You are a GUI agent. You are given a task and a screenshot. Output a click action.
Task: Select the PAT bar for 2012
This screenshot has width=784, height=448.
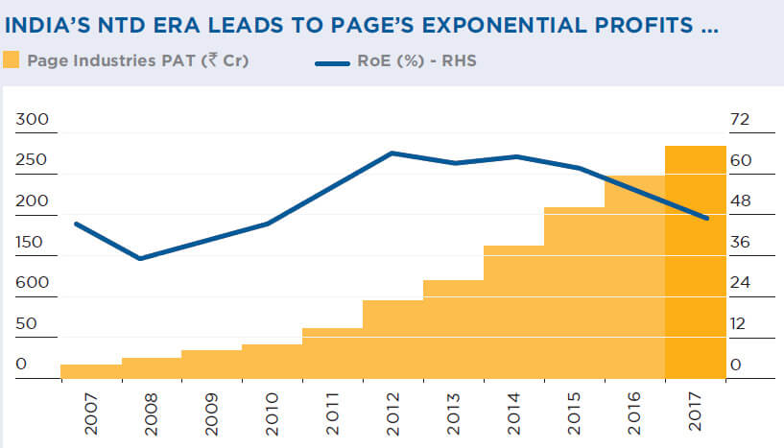coord(392,340)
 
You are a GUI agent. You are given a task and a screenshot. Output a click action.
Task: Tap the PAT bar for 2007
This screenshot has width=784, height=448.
coord(91,371)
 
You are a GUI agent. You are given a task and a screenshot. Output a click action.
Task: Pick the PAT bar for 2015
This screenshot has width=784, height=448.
coord(574,293)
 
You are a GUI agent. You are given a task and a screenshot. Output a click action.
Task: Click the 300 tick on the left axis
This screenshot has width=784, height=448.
coord(32,120)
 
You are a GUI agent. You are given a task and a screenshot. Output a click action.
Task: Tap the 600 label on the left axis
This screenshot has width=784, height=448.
coord(32,283)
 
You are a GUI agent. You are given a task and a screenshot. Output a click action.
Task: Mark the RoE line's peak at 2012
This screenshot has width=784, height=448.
coord(392,153)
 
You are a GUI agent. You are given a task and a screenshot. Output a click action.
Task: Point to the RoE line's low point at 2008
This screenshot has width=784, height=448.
coord(141,258)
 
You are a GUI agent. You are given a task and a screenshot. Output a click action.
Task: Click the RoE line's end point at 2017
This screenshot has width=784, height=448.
coord(707,219)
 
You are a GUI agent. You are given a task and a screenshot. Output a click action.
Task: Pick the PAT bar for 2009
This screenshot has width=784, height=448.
coord(211,365)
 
